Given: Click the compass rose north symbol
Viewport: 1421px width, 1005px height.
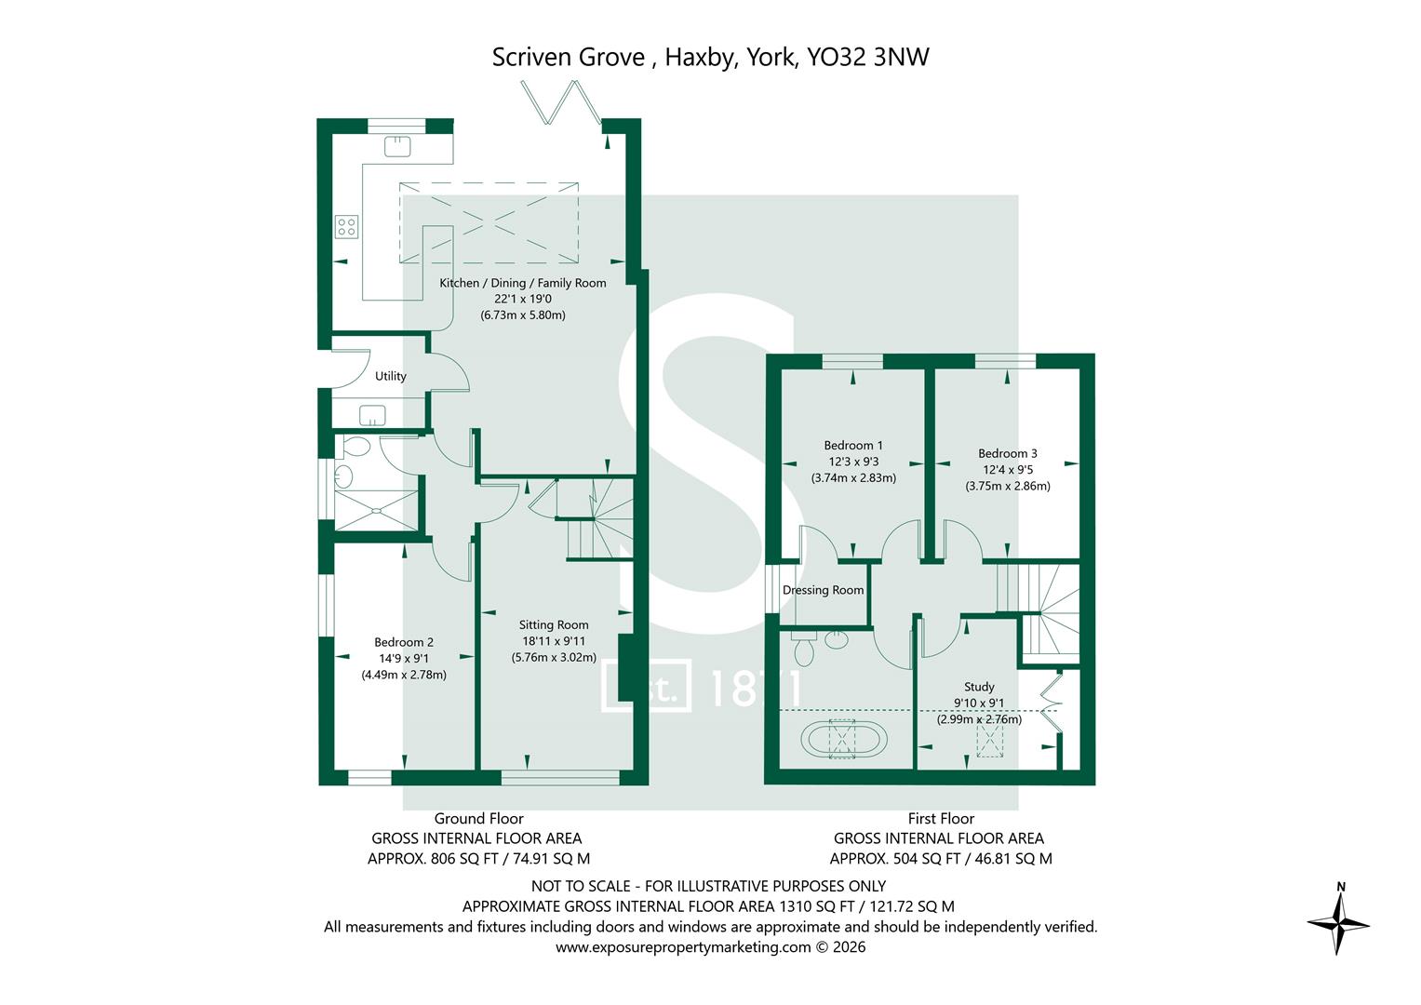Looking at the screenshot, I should [x=1338, y=920].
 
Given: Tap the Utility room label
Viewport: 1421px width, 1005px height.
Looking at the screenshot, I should [x=390, y=377].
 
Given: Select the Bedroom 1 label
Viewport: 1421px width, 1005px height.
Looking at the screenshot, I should [x=853, y=446].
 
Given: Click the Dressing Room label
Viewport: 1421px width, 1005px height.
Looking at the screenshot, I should [x=823, y=590].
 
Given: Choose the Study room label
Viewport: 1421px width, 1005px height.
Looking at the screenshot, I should [x=979, y=687].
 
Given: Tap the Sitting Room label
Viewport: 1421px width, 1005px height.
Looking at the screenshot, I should [x=554, y=625].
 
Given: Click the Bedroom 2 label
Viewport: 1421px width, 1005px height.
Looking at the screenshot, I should [x=404, y=642].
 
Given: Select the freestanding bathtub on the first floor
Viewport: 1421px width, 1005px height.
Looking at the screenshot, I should [x=843, y=740].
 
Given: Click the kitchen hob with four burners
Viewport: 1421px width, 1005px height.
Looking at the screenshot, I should [x=346, y=225].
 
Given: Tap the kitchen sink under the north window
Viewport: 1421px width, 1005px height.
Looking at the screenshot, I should [x=397, y=145].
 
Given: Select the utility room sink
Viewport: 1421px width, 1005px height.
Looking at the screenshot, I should [x=373, y=414].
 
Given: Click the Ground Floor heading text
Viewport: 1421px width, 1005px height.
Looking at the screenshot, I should [x=478, y=819].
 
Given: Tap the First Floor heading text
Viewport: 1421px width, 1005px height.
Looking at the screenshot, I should [x=941, y=819].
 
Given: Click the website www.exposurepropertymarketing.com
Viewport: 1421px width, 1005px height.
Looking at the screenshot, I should [x=683, y=947].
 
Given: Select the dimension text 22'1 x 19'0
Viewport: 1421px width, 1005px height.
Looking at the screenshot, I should [x=522, y=299].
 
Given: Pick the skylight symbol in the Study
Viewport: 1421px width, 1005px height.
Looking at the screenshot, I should [x=991, y=741].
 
